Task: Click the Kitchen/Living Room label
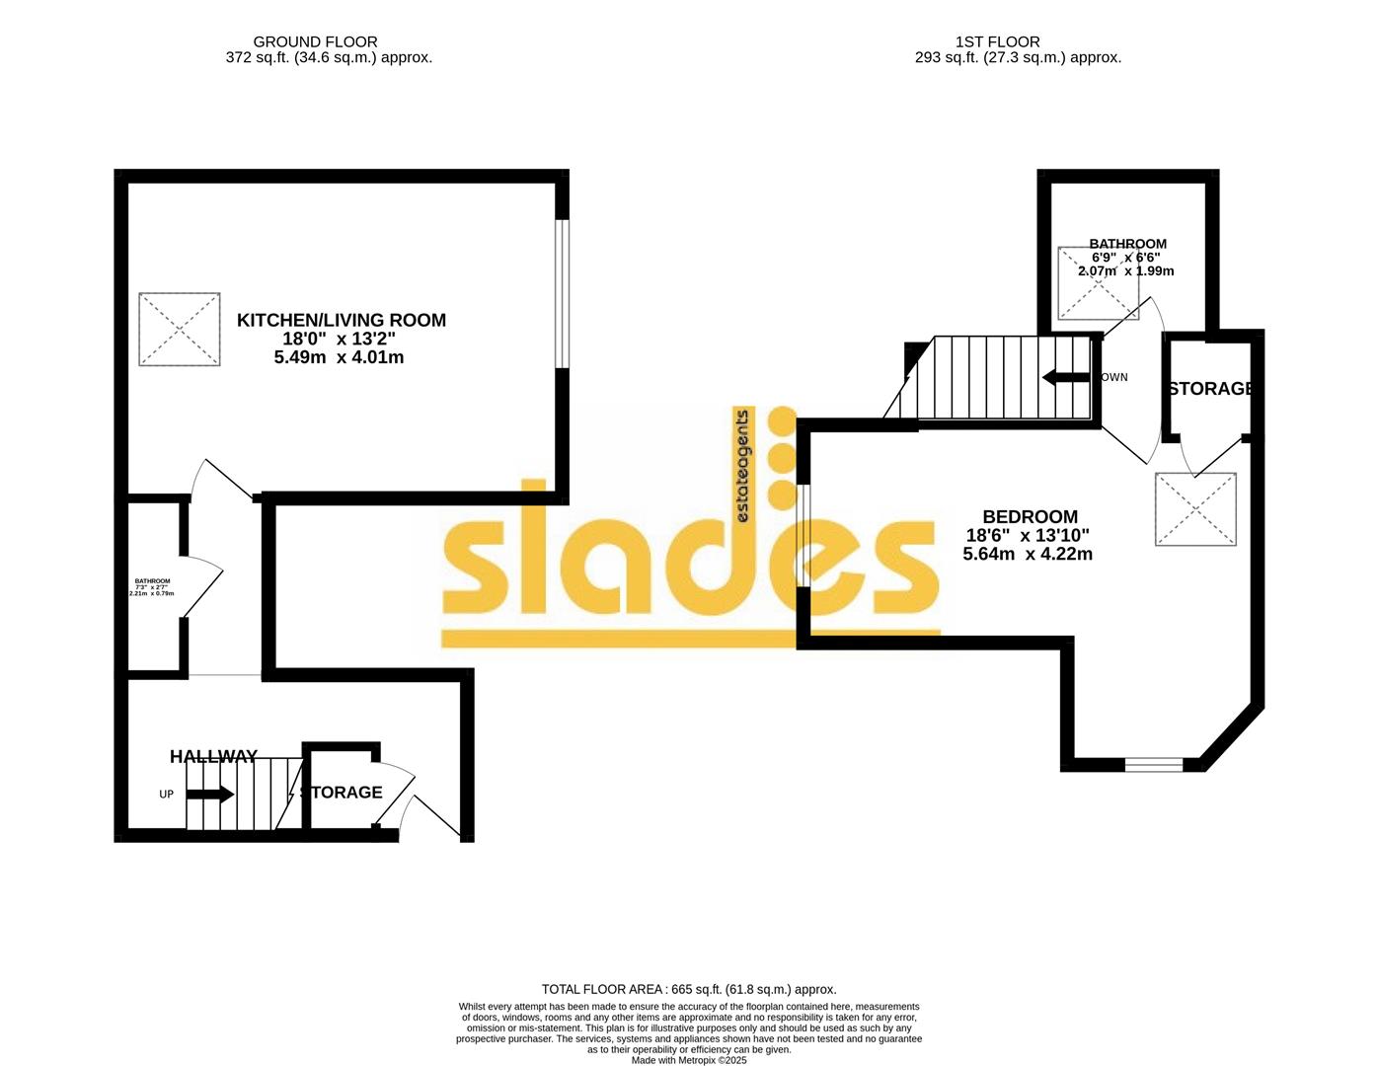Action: pyautogui.click(x=341, y=320)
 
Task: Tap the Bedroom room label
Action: pyautogui.click(x=1030, y=516)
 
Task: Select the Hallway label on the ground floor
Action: pyautogui.click(x=213, y=757)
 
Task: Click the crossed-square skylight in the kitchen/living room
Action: pyautogui.click(x=179, y=329)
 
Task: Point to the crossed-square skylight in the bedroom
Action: pyautogui.click(x=1195, y=509)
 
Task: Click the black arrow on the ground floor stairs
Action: pyautogui.click(x=210, y=794)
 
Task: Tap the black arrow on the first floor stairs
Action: pyautogui.click(x=1065, y=377)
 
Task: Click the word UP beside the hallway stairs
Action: pyautogui.click(x=166, y=794)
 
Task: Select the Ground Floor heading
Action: pyautogui.click(x=315, y=41)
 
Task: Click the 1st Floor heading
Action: pyautogui.click(x=997, y=41)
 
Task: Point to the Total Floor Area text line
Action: pyautogui.click(x=689, y=989)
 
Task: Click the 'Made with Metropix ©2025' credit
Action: pyautogui.click(x=689, y=1060)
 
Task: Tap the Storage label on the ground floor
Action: pyautogui.click(x=342, y=793)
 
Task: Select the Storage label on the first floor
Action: pyautogui.click(x=1210, y=389)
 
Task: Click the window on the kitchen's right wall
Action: pyautogui.click(x=562, y=293)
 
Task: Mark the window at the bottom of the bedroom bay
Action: pyautogui.click(x=1153, y=764)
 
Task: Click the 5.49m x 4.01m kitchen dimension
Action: pyautogui.click(x=339, y=357)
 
